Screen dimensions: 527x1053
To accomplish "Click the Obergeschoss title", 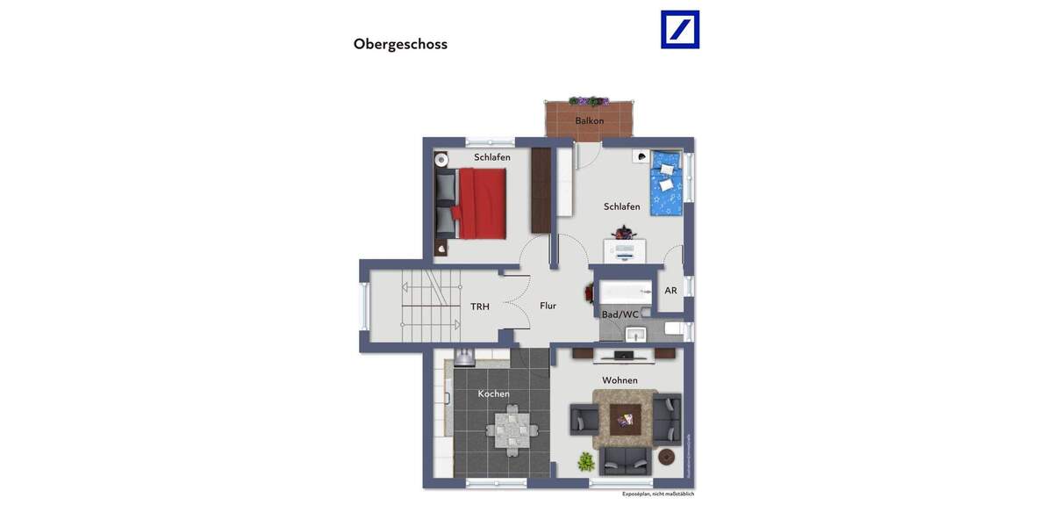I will pos(400,44).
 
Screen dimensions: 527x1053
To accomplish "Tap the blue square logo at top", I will pos(680,29).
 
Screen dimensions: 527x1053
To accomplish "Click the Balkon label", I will pos(589,120).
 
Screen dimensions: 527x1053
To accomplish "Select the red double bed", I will pos(478,203).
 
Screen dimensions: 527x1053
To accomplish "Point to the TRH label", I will pos(480,307).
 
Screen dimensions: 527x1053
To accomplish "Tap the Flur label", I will pos(548,306).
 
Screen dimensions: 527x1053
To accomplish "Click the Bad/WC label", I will pos(620,314).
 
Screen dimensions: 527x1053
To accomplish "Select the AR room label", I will pos(670,291).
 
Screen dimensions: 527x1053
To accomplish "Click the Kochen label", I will pos(493,393).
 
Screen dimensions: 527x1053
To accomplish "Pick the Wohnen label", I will pos(620,380).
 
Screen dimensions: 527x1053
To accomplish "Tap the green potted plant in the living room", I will pos(585,460).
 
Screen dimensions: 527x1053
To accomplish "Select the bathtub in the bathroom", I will pos(626,292).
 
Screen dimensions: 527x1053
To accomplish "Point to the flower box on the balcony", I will pos(589,101).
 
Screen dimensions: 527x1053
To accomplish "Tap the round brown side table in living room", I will pos(666,457).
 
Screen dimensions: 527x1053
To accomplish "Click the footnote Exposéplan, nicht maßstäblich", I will pos(658,495).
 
